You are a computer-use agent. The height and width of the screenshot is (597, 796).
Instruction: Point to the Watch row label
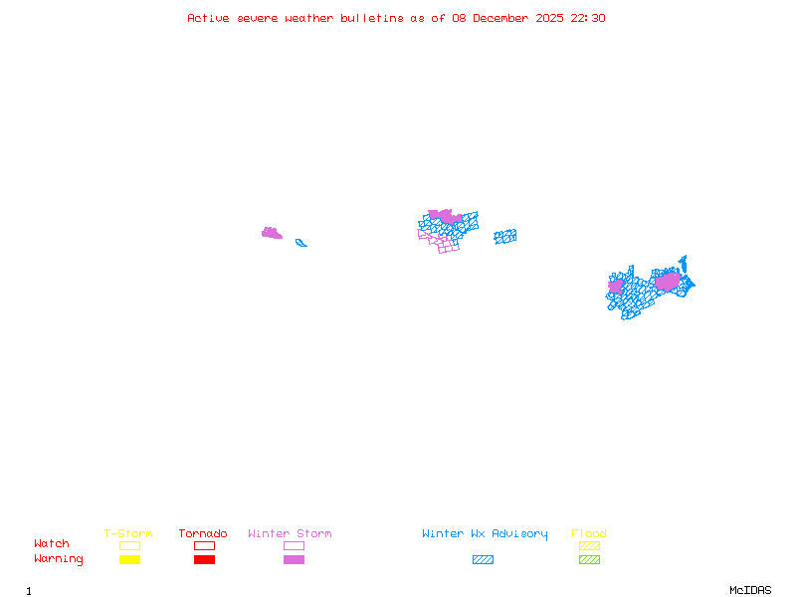(x=52, y=544)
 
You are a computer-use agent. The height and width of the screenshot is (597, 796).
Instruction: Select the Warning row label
(x=59, y=559)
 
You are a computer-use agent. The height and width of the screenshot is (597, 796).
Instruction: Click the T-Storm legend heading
(x=128, y=533)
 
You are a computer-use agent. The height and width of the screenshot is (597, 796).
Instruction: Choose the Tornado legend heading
(x=203, y=533)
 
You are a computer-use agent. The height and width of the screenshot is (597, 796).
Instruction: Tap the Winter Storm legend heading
(x=290, y=533)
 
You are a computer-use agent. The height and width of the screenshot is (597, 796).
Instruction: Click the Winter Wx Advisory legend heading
(x=485, y=533)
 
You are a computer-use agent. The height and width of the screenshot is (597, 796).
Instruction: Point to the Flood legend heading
(x=589, y=533)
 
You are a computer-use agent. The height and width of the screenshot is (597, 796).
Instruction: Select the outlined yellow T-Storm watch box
(x=129, y=545)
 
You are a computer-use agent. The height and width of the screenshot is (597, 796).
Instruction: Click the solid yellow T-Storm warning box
(x=129, y=560)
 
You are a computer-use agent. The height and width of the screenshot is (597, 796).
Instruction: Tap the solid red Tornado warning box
(x=204, y=560)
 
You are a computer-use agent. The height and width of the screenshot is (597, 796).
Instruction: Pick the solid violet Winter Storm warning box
(x=294, y=560)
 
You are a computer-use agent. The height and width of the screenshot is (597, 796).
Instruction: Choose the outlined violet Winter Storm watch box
(x=294, y=545)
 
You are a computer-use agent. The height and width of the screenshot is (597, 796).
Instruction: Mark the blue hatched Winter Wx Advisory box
(x=483, y=560)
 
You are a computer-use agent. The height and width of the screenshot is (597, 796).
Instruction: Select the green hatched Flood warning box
(x=589, y=560)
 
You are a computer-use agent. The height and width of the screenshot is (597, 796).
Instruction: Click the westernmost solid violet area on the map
(x=271, y=234)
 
